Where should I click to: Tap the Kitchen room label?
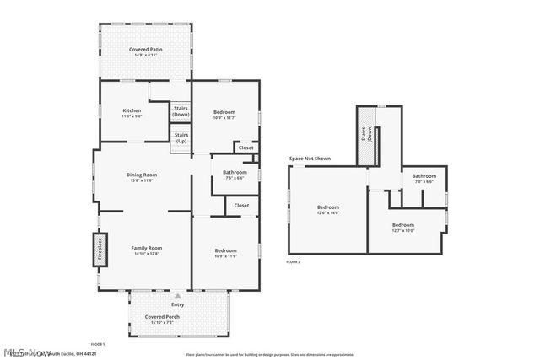pyautogui.click(x=132, y=114)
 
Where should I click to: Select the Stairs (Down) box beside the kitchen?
pyautogui.click(x=181, y=110)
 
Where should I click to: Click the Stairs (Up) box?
pyautogui.click(x=181, y=137)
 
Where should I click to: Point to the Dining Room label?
pyautogui.click(x=143, y=177)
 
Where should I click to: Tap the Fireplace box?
pyautogui.click(x=88, y=251)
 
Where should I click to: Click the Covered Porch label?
pyautogui.click(x=178, y=319)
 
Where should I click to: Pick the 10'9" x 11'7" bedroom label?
pyautogui.click(x=224, y=115)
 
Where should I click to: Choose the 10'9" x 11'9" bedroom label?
pyautogui.click(x=224, y=253)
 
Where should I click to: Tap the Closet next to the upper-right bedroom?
pyautogui.click(x=246, y=148)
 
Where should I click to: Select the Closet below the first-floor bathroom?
pyautogui.click(x=241, y=205)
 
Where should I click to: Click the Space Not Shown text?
pyautogui.click(x=310, y=159)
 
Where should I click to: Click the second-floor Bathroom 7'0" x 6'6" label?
pyautogui.click(x=424, y=179)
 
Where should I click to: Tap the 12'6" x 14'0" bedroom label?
pyautogui.click(x=327, y=210)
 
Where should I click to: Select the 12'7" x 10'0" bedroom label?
pyautogui.click(x=403, y=228)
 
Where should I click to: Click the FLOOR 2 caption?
pyautogui.click(x=293, y=262)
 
